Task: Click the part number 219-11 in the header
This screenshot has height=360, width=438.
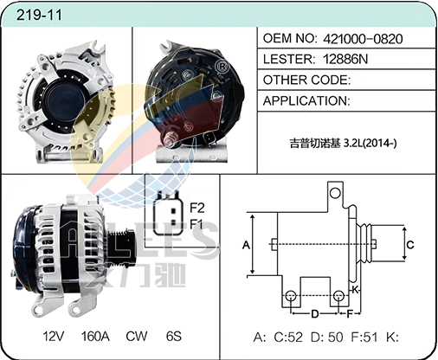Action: point(39,15)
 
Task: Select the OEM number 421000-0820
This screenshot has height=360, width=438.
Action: point(363,39)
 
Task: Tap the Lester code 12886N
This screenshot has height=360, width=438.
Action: point(345,59)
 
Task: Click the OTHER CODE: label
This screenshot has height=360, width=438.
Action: point(306,80)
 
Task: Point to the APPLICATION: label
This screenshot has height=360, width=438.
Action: point(306,100)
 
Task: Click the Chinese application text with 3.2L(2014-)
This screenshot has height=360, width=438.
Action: point(343,143)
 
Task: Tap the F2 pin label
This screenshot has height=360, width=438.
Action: point(197,208)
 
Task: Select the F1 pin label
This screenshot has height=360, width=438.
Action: point(196,223)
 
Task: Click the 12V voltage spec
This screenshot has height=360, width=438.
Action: point(54,336)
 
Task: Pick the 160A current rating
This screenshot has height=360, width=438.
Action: point(95,336)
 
